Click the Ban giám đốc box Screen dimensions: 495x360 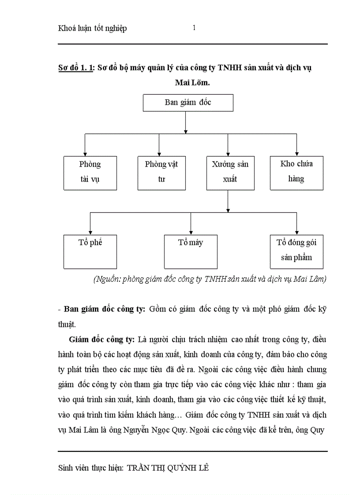point(188,102)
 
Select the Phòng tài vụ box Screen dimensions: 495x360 point(90,172)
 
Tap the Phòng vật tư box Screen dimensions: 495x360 point(161,172)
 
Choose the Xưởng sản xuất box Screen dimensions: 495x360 point(230,172)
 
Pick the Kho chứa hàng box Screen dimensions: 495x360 point(296,172)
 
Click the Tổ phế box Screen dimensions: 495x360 point(90,251)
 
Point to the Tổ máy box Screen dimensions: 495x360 point(191,251)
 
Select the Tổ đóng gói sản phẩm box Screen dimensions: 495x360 point(296,251)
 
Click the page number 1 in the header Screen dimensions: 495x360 point(194,28)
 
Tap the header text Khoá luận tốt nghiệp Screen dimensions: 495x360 point(92,29)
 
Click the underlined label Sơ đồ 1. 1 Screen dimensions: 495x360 point(75,67)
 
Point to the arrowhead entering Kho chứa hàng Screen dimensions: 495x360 point(296,153)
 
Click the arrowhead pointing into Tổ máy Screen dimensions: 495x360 point(191,232)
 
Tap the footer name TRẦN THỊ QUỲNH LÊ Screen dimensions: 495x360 point(168,468)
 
